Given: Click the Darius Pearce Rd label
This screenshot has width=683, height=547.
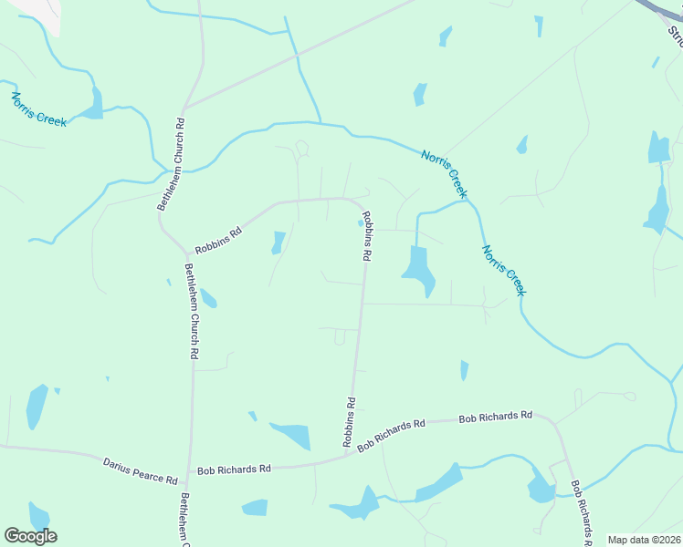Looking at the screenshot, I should pyautogui.click(x=140, y=470).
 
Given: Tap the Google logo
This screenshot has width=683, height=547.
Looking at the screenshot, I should pyautogui.click(x=30, y=536).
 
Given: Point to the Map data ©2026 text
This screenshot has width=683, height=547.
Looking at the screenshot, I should pyautogui.click(x=644, y=540).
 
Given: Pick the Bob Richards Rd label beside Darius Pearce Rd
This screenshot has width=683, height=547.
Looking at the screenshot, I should pyautogui.click(x=235, y=469).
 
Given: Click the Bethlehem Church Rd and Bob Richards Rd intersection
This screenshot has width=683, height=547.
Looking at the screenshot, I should pyautogui.click(x=189, y=470).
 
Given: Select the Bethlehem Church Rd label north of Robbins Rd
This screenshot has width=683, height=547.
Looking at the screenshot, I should pyautogui.click(x=171, y=164).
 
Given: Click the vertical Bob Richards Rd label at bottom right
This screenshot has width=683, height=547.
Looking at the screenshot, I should pyautogui.click(x=580, y=512).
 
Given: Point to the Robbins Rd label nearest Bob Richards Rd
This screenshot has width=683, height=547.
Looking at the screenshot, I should pyautogui.click(x=349, y=420).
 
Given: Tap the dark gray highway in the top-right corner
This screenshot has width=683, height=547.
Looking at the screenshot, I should pyautogui.click(x=662, y=14).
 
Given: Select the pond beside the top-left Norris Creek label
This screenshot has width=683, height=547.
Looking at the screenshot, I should pyautogui.click(x=93, y=105).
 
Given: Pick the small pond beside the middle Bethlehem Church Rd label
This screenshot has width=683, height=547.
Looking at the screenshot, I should pyautogui.click(x=208, y=298).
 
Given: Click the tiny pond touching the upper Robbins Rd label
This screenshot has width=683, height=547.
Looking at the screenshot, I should pyautogui.click(x=359, y=222).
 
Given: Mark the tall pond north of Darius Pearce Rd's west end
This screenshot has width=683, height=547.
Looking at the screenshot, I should pyautogui.click(x=37, y=407).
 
